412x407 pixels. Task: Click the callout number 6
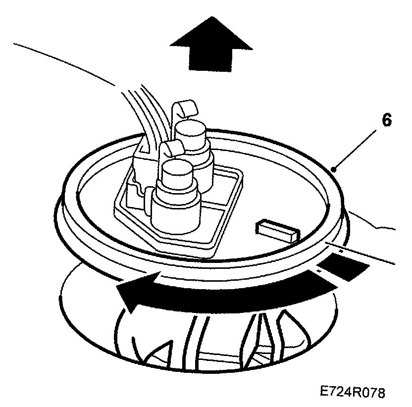click(387, 120)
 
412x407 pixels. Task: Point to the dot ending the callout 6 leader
click(335, 169)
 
